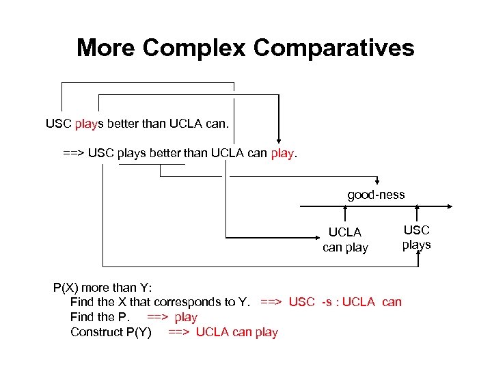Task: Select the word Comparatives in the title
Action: point(333,49)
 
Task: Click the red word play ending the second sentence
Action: point(282,154)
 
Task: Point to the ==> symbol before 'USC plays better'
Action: point(73,154)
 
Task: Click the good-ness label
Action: point(376,195)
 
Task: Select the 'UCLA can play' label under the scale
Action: point(345,240)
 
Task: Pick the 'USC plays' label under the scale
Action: point(416,238)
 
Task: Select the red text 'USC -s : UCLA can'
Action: point(345,302)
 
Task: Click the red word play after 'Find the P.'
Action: point(186,317)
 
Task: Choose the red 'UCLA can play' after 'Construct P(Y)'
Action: point(236,332)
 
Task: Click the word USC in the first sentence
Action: point(58,124)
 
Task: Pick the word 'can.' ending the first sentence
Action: point(217,124)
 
